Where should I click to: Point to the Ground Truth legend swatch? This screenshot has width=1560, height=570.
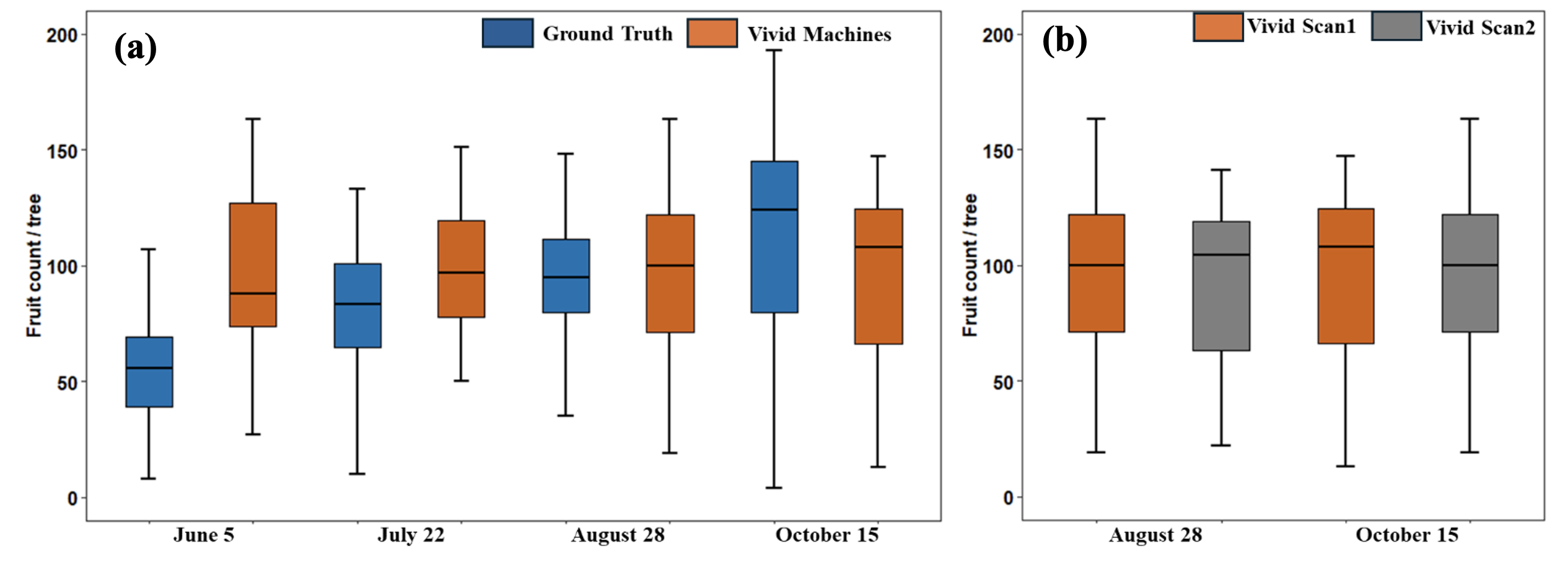click(507, 33)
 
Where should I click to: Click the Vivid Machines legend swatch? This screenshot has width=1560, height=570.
click(712, 33)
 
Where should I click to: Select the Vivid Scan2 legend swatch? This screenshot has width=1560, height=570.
click(1396, 27)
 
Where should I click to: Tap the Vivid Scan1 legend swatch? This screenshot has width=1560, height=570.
click(1218, 27)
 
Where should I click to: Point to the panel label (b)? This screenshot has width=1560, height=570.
click(1064, 41)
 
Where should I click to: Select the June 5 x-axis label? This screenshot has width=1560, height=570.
click(204, 535)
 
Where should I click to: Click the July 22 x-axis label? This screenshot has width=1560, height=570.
click(411, 535)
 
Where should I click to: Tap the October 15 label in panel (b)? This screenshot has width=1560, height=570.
click(1407, 535)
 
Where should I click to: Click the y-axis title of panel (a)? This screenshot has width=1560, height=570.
click(34, 266)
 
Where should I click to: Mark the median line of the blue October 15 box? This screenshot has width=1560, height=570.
click(774, 209)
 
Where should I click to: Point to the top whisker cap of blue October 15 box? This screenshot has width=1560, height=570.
click(774, 50)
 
